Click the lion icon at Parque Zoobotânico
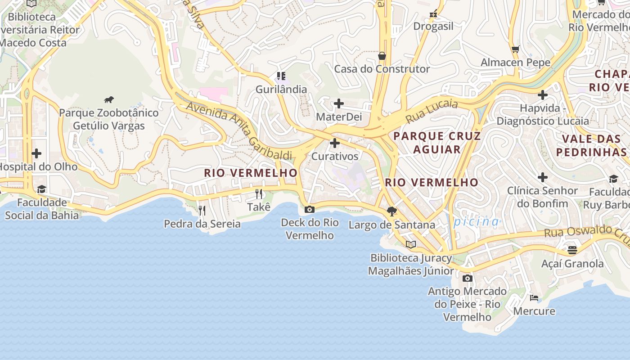(x=109, y=99)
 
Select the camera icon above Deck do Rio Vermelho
(x=310, y=209)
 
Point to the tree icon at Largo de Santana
(x=392, y=211)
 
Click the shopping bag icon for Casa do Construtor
(x=382, y=56)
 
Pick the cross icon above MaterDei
(x=338, y=104)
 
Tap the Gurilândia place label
(x=281, y=89)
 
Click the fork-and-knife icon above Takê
(x=259, y=194)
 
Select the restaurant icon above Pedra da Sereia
(x=202, y=210)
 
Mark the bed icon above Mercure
(x=534, y=297)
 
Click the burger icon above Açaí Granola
(x=572, y=250)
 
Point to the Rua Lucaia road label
(x=432, y=112)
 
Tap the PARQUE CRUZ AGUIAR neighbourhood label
(x=437, y=142)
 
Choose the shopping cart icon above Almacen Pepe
(x=516, y=49)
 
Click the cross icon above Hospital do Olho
(x=36, y=153)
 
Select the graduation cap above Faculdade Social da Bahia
(x=41, y=189)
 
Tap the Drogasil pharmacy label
(x=433, y=26)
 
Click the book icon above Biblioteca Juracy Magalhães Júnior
(x=410, y=244)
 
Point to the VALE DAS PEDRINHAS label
(x=591, y=145)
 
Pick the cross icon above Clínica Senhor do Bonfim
(x=543, y=177)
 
